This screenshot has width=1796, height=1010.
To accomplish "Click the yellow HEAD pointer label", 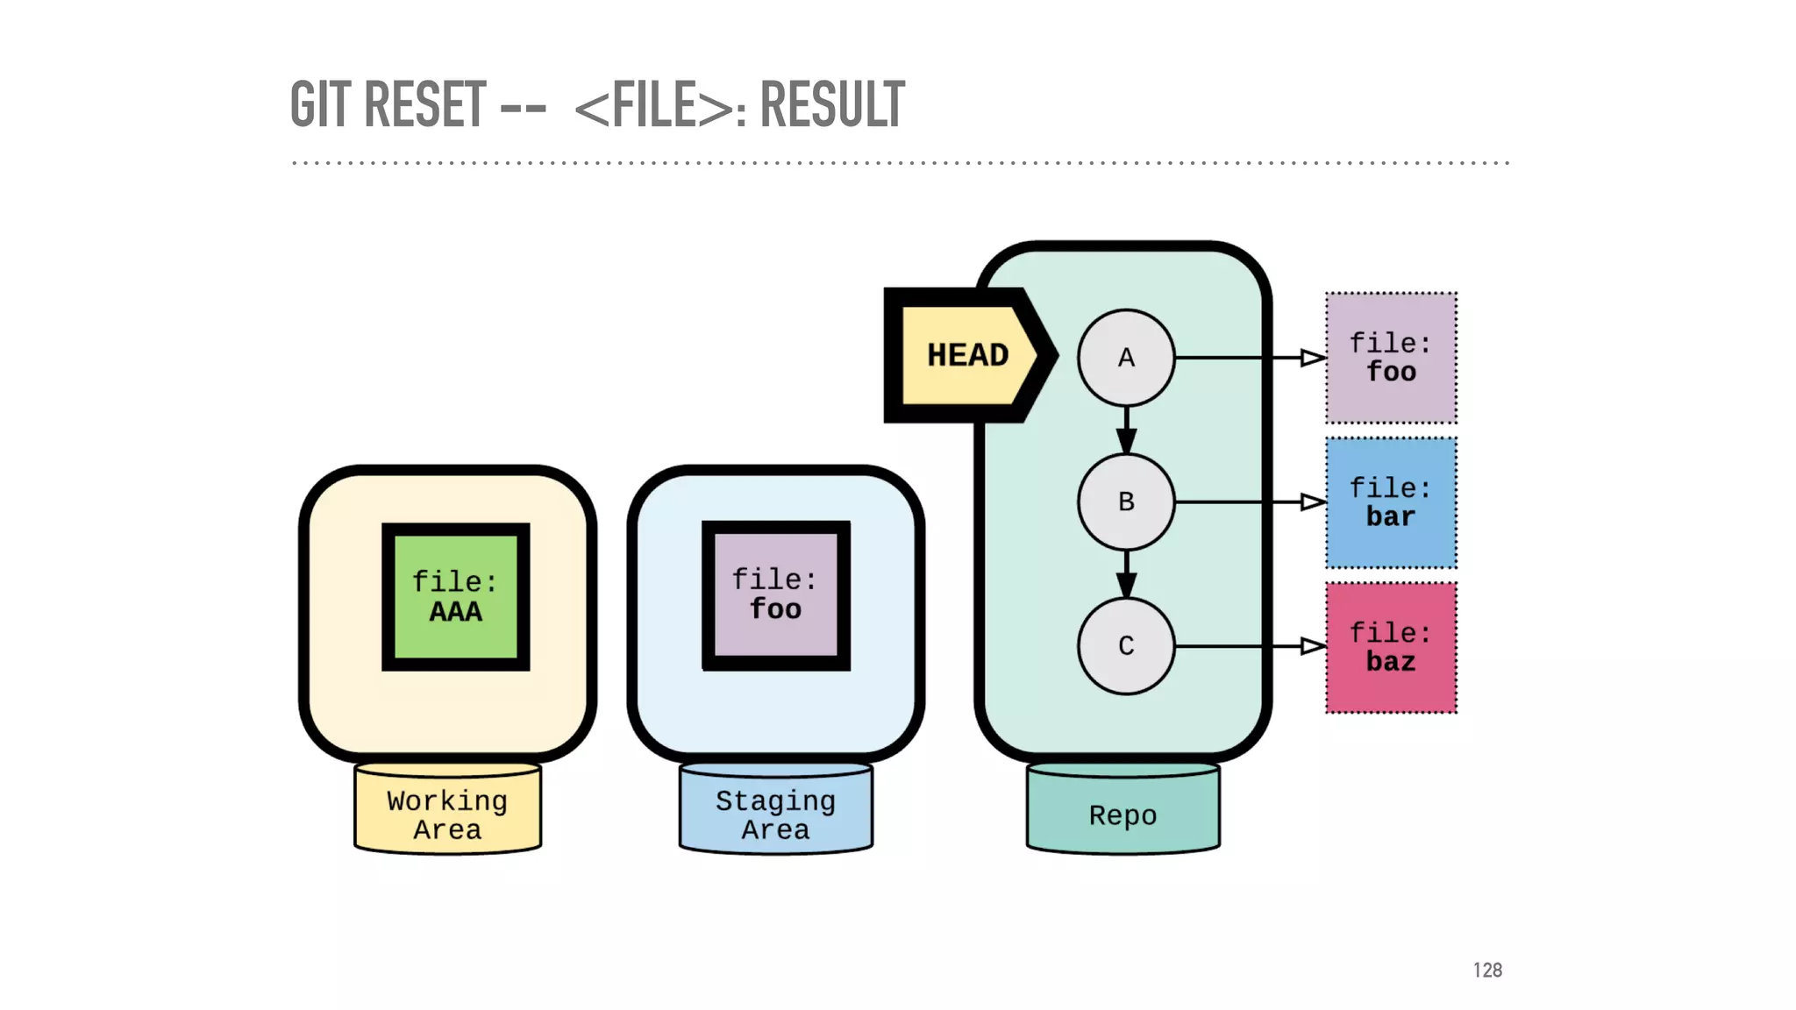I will click(967, 355).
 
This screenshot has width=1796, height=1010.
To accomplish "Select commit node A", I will click(1126, 358).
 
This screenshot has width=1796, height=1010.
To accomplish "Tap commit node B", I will click(1126, 502).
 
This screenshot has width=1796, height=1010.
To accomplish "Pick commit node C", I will click(1126, 646).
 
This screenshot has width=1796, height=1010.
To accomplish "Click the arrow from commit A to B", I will click(1126, 430).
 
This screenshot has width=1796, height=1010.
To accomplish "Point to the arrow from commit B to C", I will click(1126, 575).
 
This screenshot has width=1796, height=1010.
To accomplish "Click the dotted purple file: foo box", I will click(1391, 358).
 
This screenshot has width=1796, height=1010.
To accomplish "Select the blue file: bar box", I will click(1391, 502).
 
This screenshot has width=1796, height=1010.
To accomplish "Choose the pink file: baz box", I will click(1391, 647).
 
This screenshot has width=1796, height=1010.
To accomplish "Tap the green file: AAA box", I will click(455, 597).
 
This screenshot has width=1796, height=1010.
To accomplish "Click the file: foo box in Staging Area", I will click(775, 595).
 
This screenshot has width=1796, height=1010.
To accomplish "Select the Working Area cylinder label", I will click(447, 814).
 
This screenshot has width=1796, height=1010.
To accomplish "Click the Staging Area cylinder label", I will click(775, 814).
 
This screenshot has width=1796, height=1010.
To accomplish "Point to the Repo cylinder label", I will click(1122, 814).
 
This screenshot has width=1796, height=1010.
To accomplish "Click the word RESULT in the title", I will click(831, 104).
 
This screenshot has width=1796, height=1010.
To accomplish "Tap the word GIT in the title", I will click(321, 104).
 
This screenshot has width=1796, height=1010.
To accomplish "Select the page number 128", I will click(1487, 970).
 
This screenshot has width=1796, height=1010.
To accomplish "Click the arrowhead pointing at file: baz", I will click(1313, 646).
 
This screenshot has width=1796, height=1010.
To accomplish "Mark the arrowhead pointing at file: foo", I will click(1313, 358).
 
